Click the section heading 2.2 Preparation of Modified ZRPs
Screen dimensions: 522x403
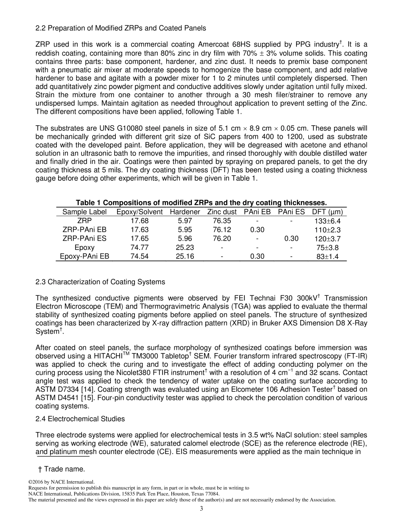(121, 28)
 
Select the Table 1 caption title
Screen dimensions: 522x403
(201, 202)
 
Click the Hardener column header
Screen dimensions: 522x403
(185, 212)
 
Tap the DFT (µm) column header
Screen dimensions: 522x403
(327, 212)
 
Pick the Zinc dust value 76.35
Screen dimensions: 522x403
(222, 221)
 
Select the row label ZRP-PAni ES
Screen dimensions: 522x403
(84, 239)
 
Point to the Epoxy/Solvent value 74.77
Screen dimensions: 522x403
(140, 247)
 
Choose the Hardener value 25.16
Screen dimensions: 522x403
(185, 256)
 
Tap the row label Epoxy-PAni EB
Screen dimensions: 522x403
(84, 256)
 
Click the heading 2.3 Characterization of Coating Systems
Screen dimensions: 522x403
(100, 282)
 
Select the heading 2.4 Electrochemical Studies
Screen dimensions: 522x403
(80, 419)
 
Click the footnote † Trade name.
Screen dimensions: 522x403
(62, 469)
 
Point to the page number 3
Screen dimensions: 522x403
(201, 509)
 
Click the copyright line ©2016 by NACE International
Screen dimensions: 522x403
(62, 482)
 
